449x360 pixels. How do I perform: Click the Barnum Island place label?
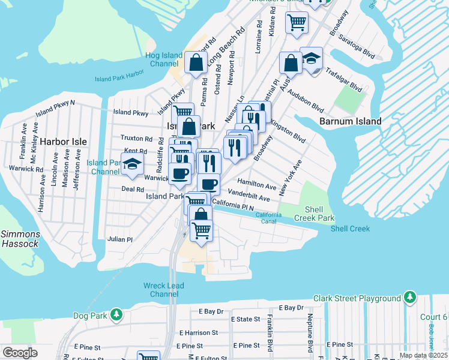(351, 121)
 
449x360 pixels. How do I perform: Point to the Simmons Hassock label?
(20, 239)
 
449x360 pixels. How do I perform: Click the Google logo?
(20, 352)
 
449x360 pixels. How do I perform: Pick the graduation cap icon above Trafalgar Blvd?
(312, 59)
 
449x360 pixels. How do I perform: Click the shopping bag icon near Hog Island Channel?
(196, 62)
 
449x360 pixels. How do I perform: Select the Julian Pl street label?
(120, 239)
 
